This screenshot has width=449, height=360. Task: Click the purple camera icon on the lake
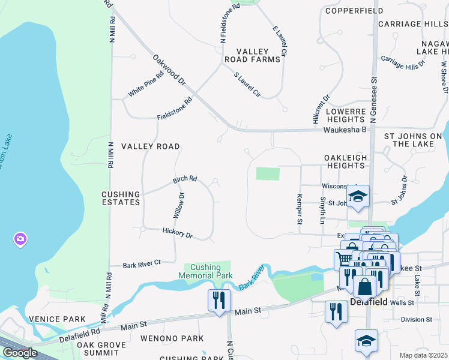coord(20,239)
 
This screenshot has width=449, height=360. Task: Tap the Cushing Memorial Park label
coord(202,272)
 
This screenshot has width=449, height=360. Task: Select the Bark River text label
coord(251,280)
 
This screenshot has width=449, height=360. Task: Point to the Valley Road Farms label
coord(252,56)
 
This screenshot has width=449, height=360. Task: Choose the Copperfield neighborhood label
coord(345,11)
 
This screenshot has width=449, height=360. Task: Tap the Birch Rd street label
coord(185,179)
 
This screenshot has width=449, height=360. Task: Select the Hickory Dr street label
coord(177,233)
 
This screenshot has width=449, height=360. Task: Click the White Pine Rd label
coord(145,85)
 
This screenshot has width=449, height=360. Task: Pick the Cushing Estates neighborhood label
coord(121,199)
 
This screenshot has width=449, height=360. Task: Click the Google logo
coord(20,353)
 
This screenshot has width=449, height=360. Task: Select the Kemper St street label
coord(299,209)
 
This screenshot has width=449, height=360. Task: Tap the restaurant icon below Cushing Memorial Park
coord(218,299)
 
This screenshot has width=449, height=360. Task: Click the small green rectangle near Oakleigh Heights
coord(268,174)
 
